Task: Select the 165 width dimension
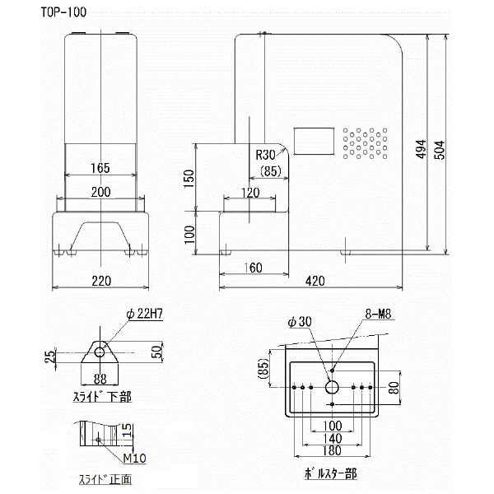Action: (x=100, y=169)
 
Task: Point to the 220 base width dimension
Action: (x=100, y=281)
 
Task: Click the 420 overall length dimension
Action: (x=315, y=281)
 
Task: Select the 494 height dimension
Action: (x=420, y=146)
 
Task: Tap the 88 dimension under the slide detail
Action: (x=100, y=380)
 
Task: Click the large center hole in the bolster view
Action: (x=331, y=386)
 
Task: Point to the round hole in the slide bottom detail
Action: (x=100, y=352)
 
